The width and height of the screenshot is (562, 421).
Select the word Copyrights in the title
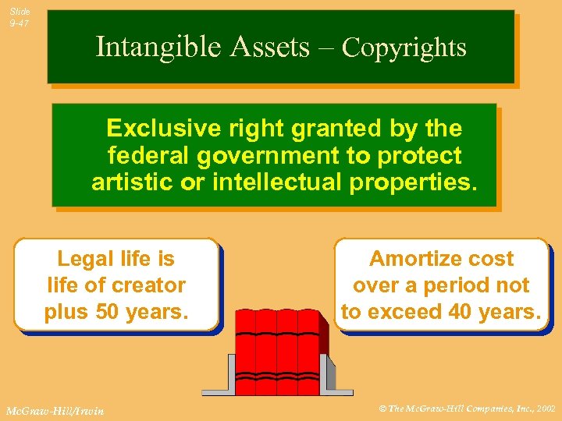coord(404,48)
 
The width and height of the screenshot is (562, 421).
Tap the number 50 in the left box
coord(107,312)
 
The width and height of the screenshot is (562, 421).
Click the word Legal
coord(84,259)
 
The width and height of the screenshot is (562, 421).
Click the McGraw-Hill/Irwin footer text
coord(55,410)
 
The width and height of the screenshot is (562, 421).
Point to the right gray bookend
coord(339,375)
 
